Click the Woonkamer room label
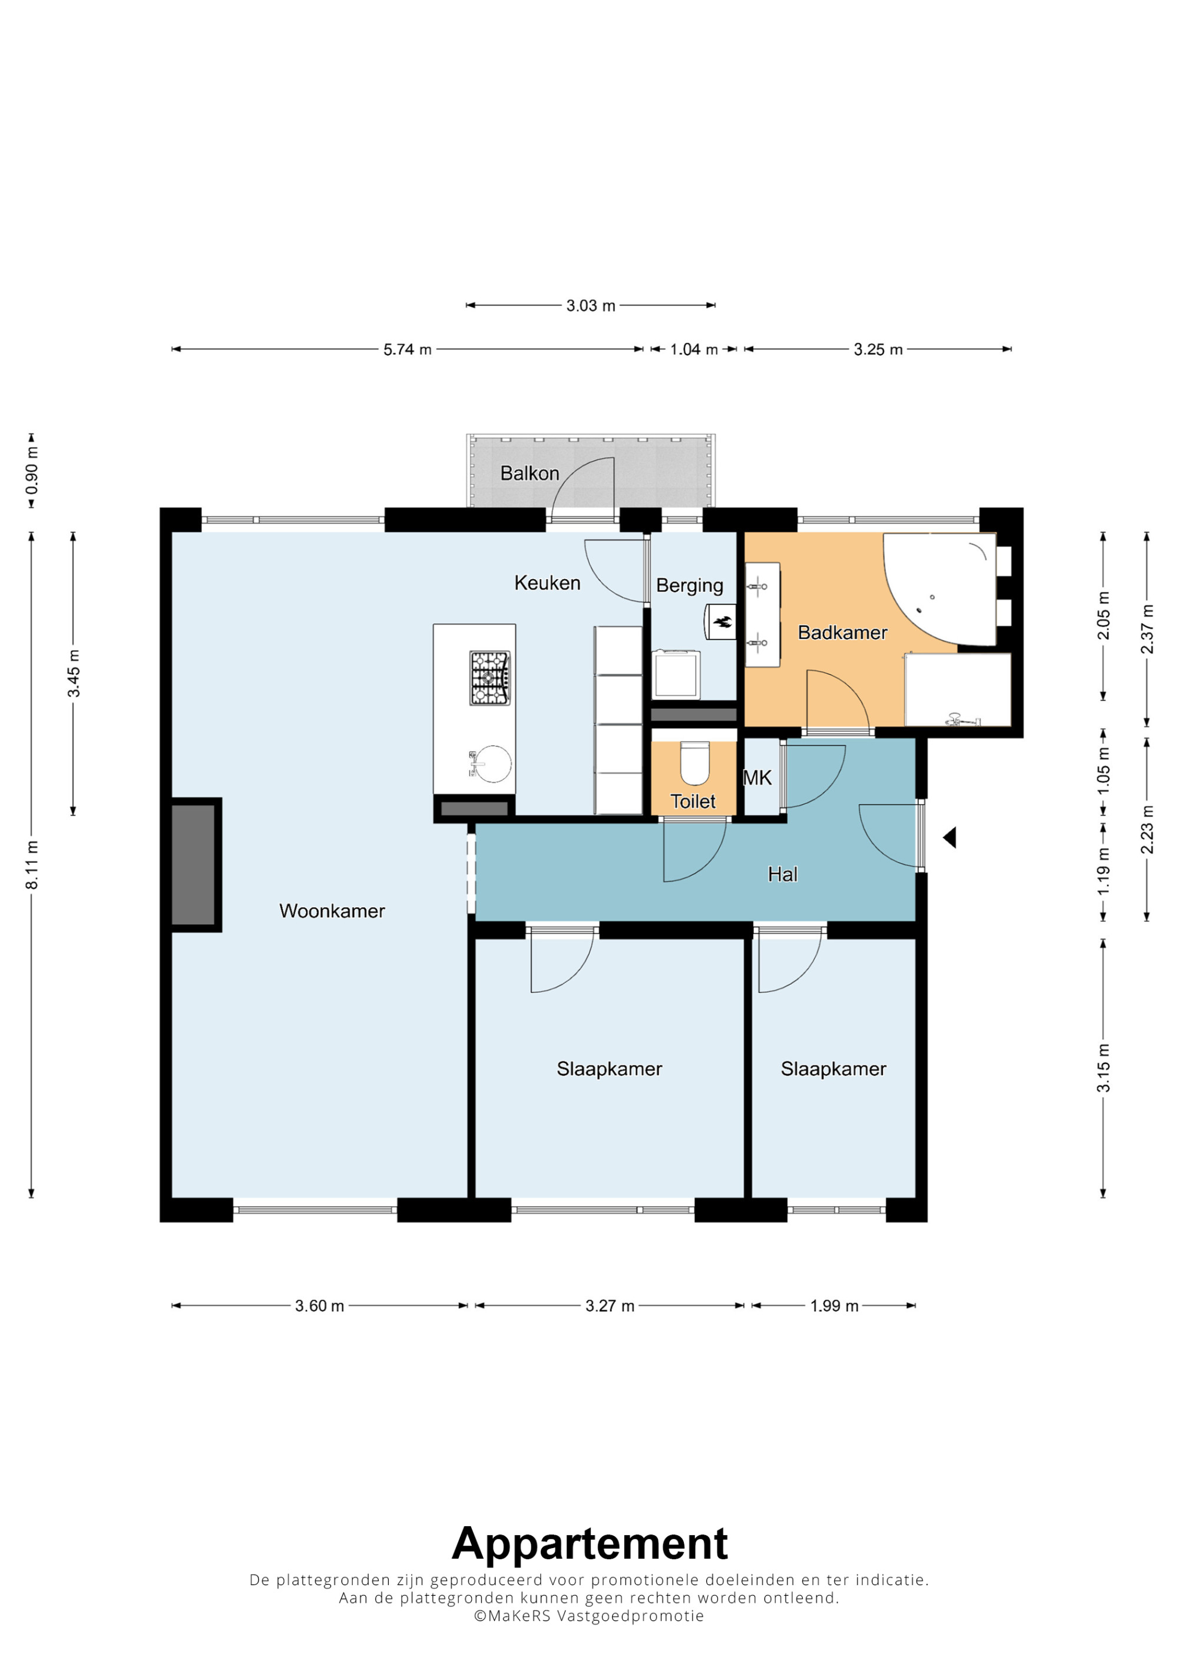332,911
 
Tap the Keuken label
547,583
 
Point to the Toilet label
693,801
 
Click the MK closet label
757,778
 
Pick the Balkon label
530,474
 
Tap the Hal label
782,874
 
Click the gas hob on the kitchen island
489,678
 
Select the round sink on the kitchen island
491,764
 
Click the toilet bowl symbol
694,763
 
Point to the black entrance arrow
949,838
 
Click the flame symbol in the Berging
722,621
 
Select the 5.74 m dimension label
407,349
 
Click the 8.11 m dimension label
32,864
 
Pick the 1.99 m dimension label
834,1306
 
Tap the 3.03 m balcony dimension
591,306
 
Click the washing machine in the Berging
676,674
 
